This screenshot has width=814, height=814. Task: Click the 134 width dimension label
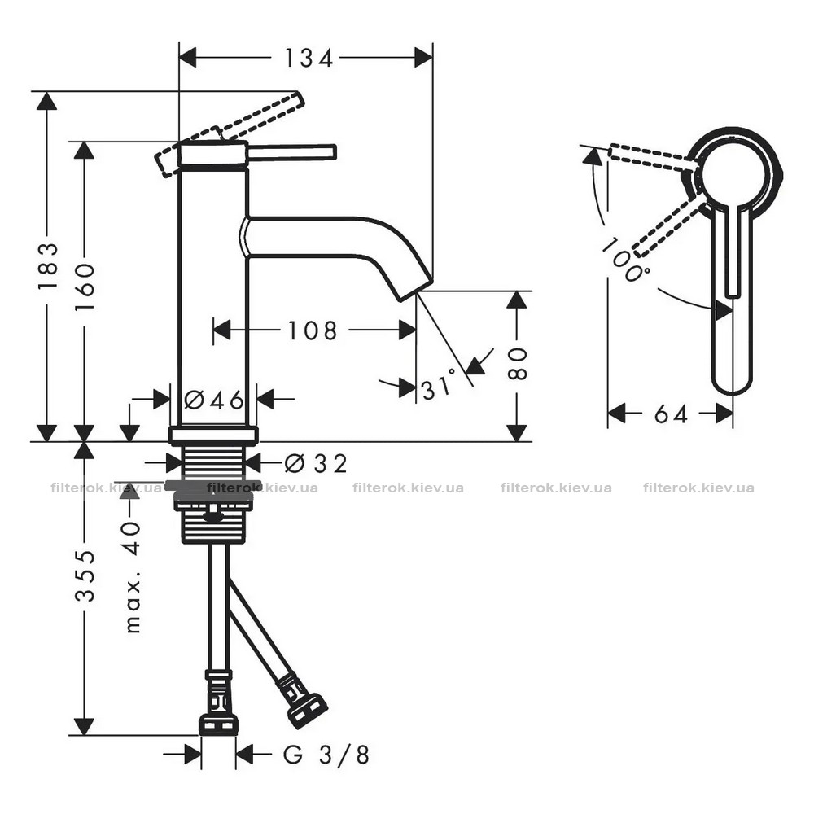coord(309,58)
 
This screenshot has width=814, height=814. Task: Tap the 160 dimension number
coord(85,287)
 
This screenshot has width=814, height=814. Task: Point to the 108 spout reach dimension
coord(313,330)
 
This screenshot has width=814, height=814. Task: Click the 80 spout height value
coord(517,364)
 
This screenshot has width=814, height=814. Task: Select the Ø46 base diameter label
coord(214,400)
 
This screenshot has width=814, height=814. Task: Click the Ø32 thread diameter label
coord(316,464)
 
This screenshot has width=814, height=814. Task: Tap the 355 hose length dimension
coord(85,575)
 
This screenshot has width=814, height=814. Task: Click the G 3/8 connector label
coord(326,755)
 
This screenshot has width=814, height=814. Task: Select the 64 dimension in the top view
coord(671,414)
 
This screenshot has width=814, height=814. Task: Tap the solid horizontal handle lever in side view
coord(292,153)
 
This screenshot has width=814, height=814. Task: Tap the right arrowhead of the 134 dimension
coord(423,58)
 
